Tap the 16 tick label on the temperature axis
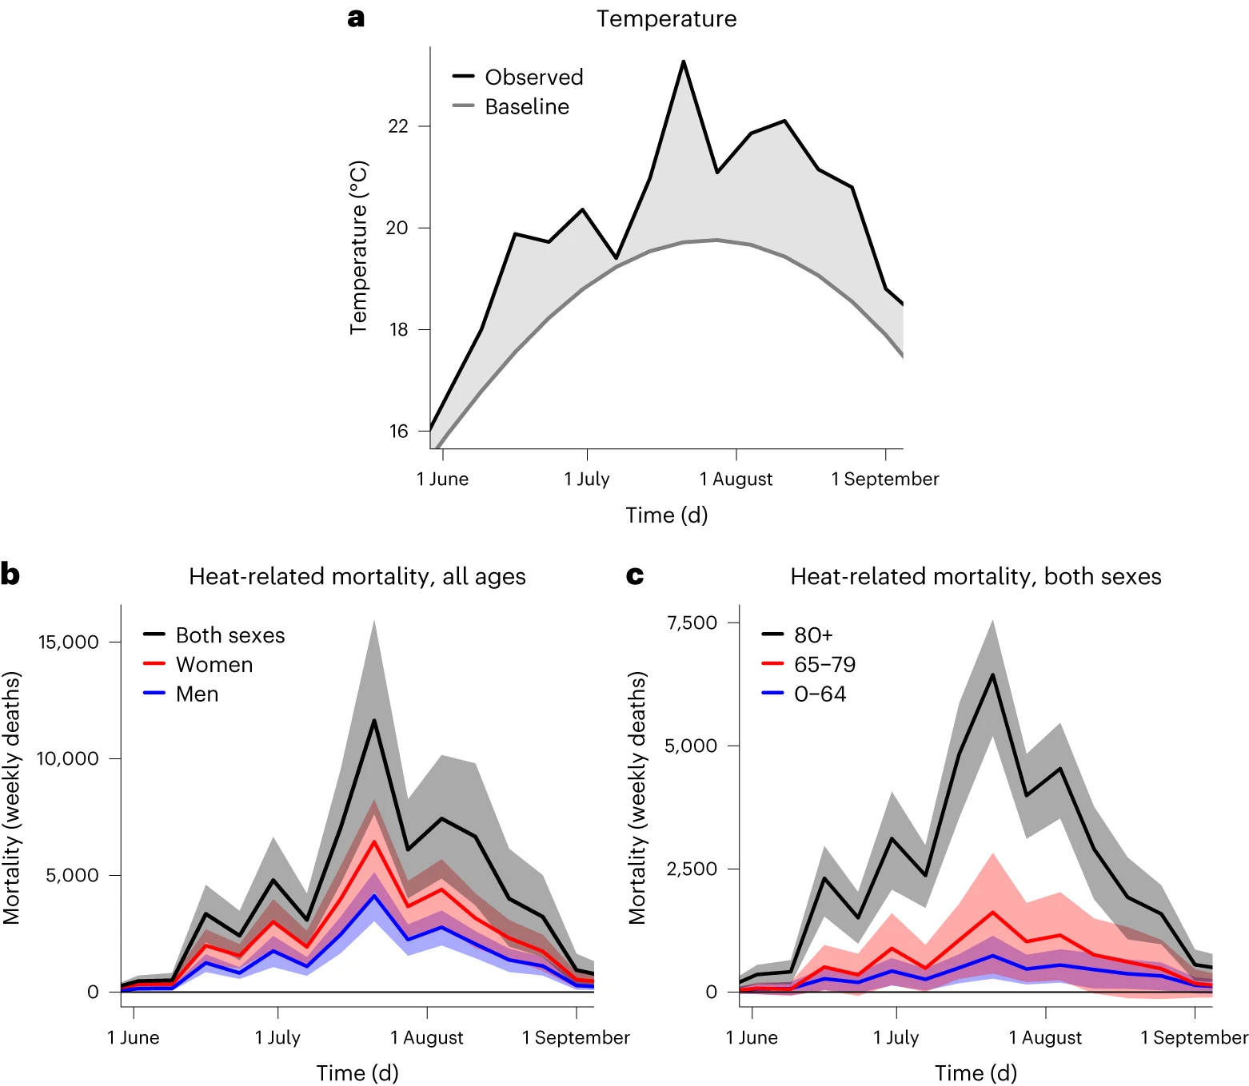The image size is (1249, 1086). tap(398, 432)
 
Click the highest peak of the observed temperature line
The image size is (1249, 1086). tap(684, 62)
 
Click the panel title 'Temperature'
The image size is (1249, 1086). tap(666, 18)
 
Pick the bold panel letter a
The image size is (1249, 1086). tap(356, 18)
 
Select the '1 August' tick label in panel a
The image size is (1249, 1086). tap(736, 479)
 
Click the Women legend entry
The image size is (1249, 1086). tap(213, 664)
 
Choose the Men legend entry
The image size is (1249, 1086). tap(197, 694)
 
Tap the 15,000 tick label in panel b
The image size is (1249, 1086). tap(69, 642)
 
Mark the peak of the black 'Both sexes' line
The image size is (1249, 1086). tap(373, 720)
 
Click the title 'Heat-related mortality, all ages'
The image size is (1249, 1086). tap(357, 576)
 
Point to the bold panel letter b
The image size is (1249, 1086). tap(10, 575)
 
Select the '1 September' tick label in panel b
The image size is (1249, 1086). tap(576, 1037)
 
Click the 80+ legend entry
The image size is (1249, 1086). tap(812, 634)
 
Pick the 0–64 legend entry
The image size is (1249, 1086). tap(819, 694)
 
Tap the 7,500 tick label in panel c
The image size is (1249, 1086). tap(692, 623)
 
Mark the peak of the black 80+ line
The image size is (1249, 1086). tap(992, 674)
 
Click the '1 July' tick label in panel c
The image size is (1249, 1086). tap(896, 1037)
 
